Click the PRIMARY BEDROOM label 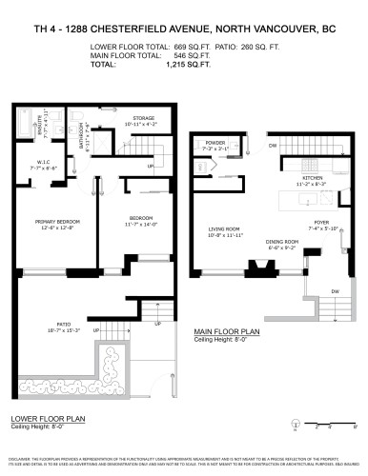57,222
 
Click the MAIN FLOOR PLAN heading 227,331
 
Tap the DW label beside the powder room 272,145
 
